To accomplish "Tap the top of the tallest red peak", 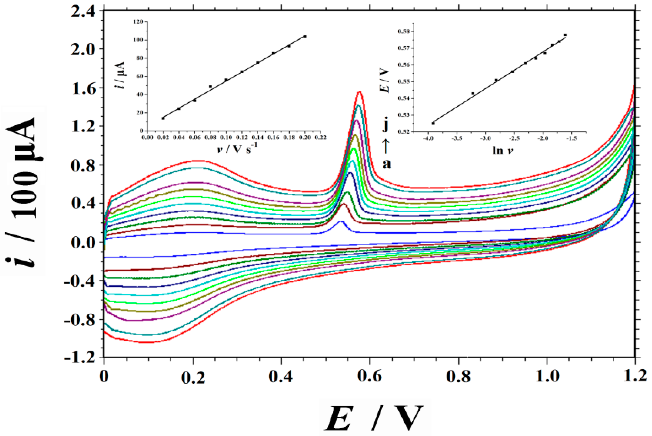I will [360, 92].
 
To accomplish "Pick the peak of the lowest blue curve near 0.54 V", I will [341, 221].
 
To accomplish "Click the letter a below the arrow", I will [387, 164].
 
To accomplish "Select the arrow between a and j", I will [386, 145].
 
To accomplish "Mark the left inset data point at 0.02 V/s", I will [163, 118].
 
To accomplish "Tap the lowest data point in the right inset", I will [433, 123].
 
